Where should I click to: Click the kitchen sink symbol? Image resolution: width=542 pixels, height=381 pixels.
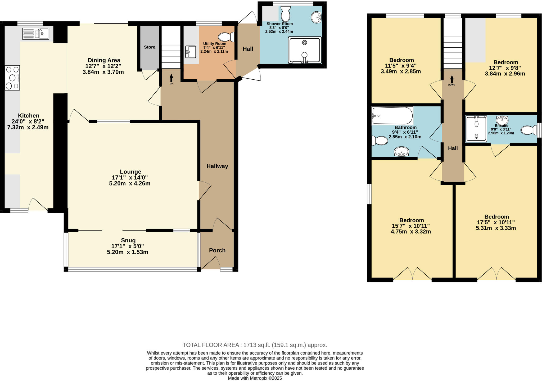coord(36,34)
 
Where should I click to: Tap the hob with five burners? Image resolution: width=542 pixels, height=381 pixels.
coord(12,78)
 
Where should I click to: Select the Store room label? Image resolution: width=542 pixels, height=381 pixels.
coord(150,47)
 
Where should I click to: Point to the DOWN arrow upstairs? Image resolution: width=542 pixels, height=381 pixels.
coord(452,80)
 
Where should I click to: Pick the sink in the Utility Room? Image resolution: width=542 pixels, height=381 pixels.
coord(191,52)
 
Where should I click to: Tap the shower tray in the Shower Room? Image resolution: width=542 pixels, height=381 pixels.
coord(305,50)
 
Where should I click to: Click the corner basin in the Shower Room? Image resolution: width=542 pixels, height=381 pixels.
coord(316,17)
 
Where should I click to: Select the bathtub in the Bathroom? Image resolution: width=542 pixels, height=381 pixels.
coord(392,116)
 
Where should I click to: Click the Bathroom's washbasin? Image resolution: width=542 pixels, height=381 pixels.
coord(401,152)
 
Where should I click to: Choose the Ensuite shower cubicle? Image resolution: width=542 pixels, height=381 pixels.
coord(476,129)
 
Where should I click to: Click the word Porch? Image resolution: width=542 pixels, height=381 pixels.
coord(217,250)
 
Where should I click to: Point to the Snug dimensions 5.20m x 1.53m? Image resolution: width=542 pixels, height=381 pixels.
coord(128,252)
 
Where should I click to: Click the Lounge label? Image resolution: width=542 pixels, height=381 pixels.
coord(130,172)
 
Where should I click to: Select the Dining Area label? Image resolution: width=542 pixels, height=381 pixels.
coord(104,60)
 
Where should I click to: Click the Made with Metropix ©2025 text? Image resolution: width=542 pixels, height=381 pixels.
coord(255,378)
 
